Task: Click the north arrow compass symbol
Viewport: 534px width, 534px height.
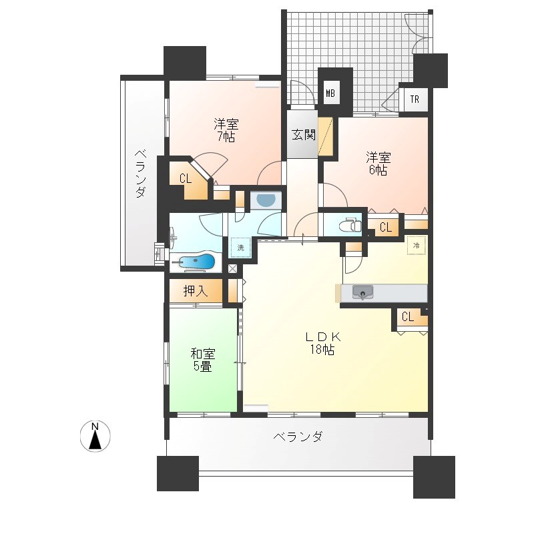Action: (95, 437)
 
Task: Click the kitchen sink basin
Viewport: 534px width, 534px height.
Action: (362, 292)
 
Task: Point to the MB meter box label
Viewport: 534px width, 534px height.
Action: (330, 93)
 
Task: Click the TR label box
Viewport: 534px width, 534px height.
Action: (415, 99)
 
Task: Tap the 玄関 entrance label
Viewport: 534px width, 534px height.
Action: (303, 136)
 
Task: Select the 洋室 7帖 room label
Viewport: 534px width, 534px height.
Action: (226, 130)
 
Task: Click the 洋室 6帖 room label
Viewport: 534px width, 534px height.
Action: (378, 164)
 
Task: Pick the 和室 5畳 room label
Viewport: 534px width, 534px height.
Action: (203, 360)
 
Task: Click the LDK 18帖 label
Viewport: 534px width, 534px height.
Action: (322, 343)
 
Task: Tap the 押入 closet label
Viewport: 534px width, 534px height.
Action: (196, 291)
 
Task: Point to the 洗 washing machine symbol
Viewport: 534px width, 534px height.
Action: (240, 248)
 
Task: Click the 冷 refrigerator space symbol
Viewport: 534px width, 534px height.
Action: (416, 245)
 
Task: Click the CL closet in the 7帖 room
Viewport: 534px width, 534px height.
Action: (186, 178)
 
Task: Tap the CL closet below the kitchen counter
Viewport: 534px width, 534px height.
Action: (408, 318)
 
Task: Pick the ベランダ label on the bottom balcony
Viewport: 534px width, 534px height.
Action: (298, 437)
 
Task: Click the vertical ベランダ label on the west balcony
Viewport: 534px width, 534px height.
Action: (140, 174)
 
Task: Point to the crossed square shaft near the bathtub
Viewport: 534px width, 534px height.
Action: (232, 269)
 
